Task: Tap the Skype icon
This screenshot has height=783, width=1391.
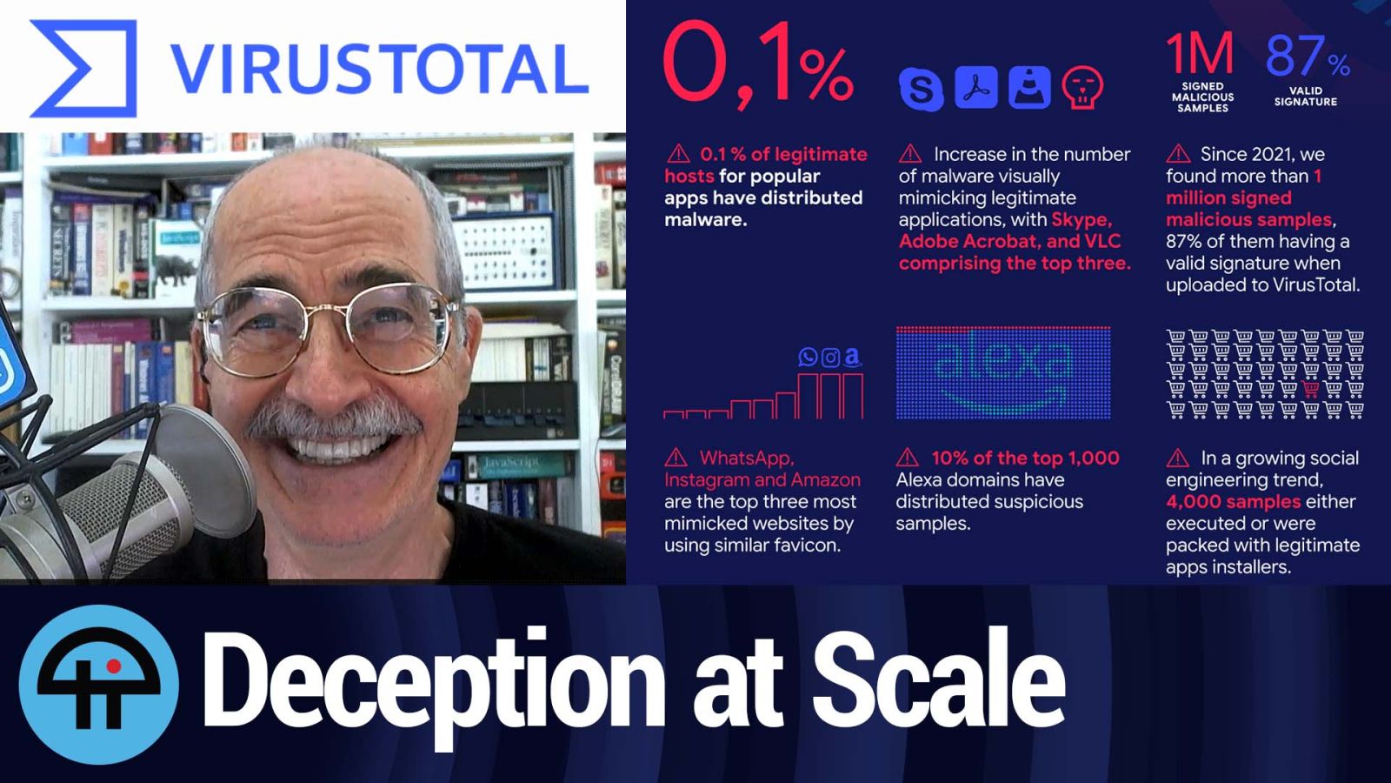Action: tap(922, 88)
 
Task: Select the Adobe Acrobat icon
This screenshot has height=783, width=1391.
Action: tap(976, 87)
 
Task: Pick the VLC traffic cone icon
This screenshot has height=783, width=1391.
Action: tap(1029, 87)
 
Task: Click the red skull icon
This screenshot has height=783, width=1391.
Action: tap(1082, 88)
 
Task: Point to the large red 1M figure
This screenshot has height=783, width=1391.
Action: tap(1200, 53)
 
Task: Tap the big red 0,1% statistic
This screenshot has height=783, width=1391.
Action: tap(757, 64)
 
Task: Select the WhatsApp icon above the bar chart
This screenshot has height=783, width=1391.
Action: tap(808, 357)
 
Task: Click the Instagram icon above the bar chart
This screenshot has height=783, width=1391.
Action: tap(830, 358)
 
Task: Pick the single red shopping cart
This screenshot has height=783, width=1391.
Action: tap(1310, 389)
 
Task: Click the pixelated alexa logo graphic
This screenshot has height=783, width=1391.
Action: tap(1003, 373)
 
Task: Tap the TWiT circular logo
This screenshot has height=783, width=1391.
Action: tap(99, 684)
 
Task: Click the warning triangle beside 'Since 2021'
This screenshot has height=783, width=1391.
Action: tap(1178, 153)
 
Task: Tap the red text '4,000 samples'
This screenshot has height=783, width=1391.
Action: tap(1233, 501)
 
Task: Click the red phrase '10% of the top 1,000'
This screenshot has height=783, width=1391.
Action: tap(1025, 458)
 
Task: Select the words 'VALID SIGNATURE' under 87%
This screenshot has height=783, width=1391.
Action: tap(1305, 97)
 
